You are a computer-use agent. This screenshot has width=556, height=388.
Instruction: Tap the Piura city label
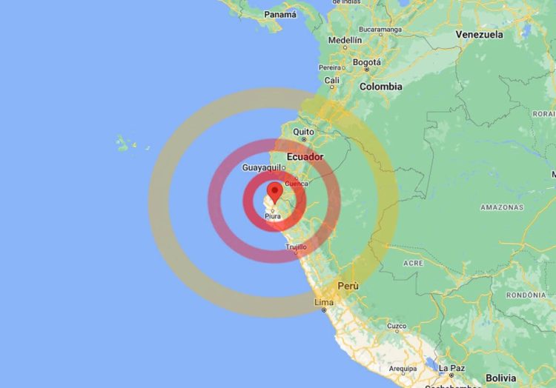pyautogui.click(x=274, y=216)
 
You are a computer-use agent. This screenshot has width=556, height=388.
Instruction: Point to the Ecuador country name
pyautogui.click(x=305, y=157)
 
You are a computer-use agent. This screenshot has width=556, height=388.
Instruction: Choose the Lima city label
pyautogui.click(x=324, y=302)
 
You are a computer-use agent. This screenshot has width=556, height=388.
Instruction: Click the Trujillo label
pyautogui.click(x=296, y=247)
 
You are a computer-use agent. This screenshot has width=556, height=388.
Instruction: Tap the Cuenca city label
pyautogui.click(x=297, y=183)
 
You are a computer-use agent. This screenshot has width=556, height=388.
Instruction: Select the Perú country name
pyautogui.click(x=348, y=286)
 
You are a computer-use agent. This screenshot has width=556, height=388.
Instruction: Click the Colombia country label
pyautogui.click(x=381, y=87)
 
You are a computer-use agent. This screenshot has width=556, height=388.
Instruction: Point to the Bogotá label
pyautogui.click(x=366, y=62)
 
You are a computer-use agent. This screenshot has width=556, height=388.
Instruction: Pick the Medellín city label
pyautogui.click(x=345, y=40)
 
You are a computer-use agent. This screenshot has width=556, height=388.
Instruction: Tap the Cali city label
pyautogui.click(x=332, y=80)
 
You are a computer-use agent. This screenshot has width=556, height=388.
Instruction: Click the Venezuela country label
pyautogui.click(x=479, y=35)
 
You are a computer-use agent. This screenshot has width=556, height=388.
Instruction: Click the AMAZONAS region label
pyautogui.click(x=502, y=207)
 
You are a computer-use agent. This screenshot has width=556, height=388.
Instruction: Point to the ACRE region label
pyautogui.click(x=413, y=264)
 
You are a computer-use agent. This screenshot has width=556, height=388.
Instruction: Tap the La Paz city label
pyautogui.click(x=451, y=368)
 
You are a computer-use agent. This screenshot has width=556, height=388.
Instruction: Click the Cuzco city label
pyautogui.click(x=397, y=326)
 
